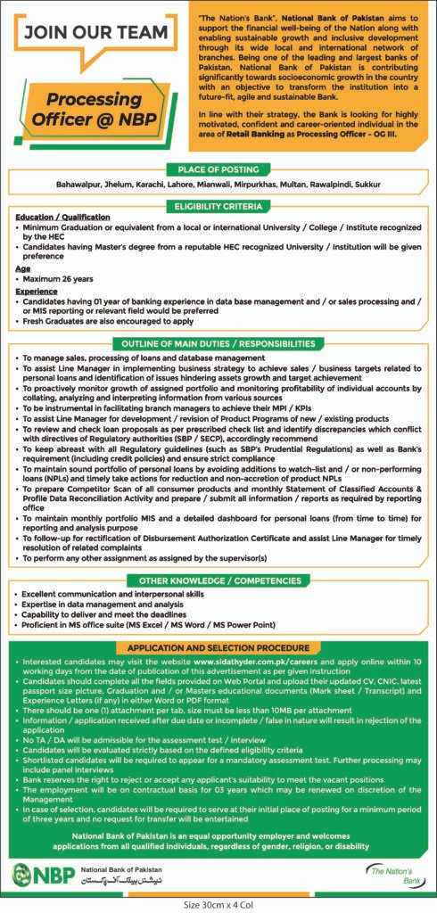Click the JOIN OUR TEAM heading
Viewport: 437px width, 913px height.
point(96,32)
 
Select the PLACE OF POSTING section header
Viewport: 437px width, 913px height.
point(218,169)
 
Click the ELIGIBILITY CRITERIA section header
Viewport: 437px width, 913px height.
point(218,205)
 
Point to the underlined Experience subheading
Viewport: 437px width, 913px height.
point(37,291)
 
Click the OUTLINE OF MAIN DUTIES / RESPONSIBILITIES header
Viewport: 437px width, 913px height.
point(218,343)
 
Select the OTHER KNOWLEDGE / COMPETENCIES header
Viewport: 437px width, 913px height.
point(218,580)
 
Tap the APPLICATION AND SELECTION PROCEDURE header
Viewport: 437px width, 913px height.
point(218,647)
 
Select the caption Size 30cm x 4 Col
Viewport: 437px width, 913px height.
point(218,904)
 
